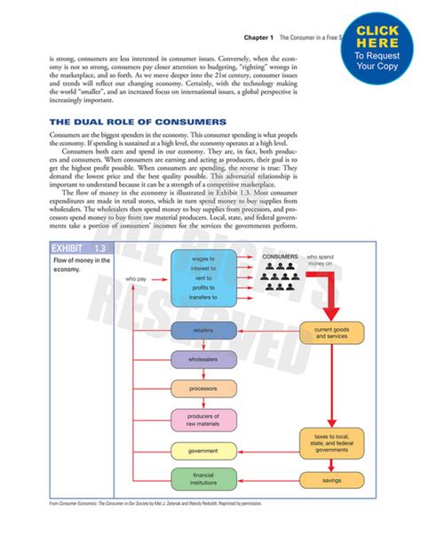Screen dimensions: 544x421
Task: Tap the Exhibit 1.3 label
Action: click(73, 247)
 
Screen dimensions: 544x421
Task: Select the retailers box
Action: click(203, 331)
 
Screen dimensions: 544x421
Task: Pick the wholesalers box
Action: click(203, 360)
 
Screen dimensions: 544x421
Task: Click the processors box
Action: click(203, 389)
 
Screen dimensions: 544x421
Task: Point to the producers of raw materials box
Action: click(203, 420)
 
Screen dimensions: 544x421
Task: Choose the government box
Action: click(203, 452)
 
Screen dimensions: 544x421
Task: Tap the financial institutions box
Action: click(203, 479)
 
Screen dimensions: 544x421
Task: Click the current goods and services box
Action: click(331, 333)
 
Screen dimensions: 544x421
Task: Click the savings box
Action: click(331, 481)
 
